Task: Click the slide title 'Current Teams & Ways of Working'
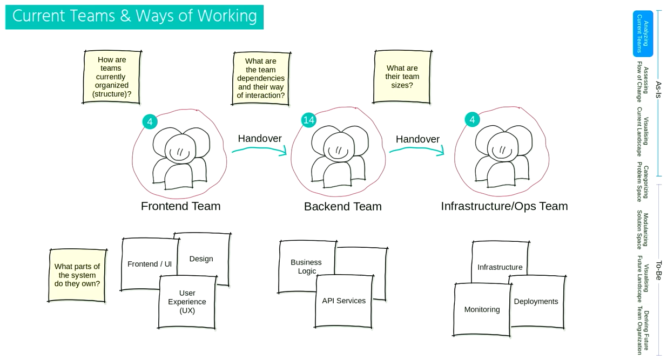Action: pos(134,16)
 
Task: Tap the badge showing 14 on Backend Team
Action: pos(308,120)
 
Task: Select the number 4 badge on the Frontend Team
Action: pos(150,121)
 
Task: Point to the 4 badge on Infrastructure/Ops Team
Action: pos(472,119)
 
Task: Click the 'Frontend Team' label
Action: pos(180,206)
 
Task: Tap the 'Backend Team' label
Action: pos(342,206)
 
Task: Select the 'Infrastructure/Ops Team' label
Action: pos(504,206)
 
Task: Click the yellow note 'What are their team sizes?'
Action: pos(402,77)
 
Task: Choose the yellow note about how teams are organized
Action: pos(111,77)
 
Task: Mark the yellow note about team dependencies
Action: pos(261,78)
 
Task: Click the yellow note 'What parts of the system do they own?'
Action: pos(77,275)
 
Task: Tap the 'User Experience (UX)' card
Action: pos(187,302)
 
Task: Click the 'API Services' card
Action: pos(344,301)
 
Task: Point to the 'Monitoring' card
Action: pos(482,309)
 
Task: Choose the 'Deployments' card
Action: pos(536,301)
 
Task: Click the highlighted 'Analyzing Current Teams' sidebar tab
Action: pos(643,33)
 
